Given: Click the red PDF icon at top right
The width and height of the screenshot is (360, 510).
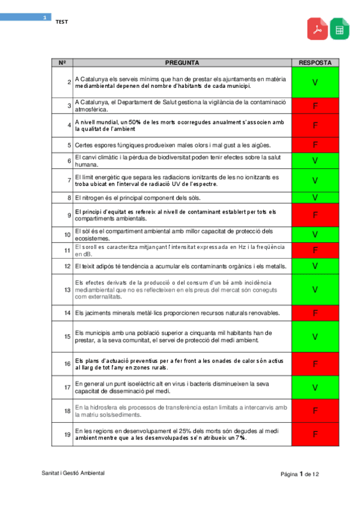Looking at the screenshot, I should (x=317, y=29).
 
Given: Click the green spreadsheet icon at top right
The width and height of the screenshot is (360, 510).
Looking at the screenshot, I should (x=340, y=29).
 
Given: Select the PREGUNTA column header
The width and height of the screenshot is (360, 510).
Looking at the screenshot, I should (x=182, y=63).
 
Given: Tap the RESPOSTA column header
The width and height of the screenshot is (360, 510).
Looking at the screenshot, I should (x=315, y=63).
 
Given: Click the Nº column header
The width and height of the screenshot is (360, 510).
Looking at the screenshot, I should (x=62, y=63).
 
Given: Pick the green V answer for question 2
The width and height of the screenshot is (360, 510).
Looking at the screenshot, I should (x=315, y=82).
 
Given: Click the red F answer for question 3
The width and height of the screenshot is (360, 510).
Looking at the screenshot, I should (x=315, y=106).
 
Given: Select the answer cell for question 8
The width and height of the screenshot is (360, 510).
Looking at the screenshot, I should (x=315, y=197).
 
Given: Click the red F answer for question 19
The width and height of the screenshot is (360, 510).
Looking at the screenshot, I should (x=315, y=434).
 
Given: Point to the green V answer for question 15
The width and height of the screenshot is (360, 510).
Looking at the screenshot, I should (x=315, y=337).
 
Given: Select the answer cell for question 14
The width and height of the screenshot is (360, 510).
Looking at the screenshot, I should (x=315, y=313).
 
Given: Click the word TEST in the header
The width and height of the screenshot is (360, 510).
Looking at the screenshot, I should (x=62, y=22).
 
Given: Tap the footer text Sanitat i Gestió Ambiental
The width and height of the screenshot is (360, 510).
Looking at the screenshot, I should (x=73, y=473).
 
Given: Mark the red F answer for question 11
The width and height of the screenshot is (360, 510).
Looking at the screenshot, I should (x=315, y=250).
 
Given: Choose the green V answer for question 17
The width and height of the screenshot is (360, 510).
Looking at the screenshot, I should (x=315, y=387).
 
